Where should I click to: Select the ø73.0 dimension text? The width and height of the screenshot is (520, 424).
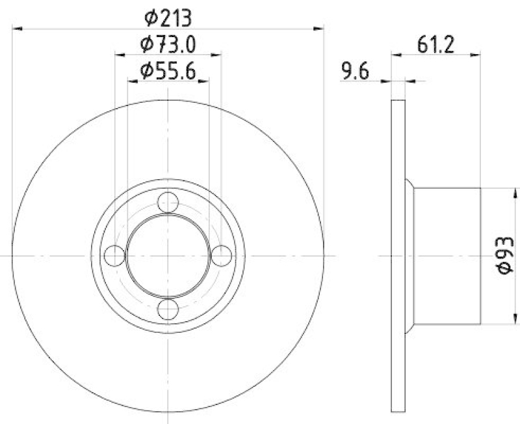[x=168, y=44]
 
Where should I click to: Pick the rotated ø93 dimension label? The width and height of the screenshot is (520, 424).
[x=506, y=255]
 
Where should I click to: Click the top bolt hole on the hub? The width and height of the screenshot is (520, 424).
[x=168, y=203]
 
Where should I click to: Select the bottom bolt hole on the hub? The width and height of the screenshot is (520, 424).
[x=168, y=309]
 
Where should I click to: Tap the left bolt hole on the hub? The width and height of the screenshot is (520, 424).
[x=115, y=256]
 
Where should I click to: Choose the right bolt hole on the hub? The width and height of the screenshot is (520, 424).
[x=222, y=256]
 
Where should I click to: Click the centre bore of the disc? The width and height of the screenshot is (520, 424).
[x=168, y=256]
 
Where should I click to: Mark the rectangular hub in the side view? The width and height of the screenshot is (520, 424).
[x=447, y=255]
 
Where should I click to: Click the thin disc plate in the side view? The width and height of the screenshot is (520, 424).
[x=398, y=255]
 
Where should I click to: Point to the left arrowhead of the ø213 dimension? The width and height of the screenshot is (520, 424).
[x=18, y=28]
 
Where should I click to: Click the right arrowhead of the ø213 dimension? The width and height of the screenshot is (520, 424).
[x=318, y=28]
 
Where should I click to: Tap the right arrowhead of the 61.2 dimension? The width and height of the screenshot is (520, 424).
[x=476, y=55]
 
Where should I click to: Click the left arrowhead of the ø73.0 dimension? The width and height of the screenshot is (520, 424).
[x=120, y=55]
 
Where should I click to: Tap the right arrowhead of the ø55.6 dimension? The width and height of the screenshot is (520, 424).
[x=205, y=81]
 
